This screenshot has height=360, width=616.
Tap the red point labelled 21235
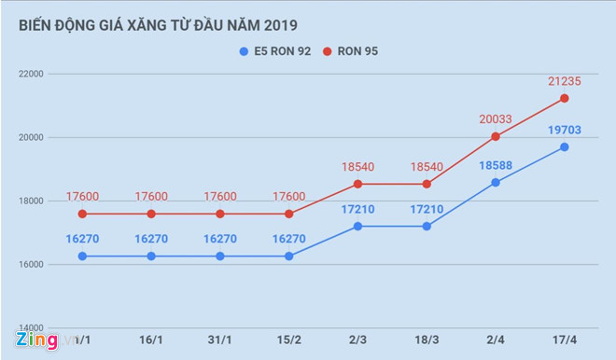[565, 98]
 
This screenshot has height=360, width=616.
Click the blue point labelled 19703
[565, 147]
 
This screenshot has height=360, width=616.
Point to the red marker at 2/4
[496, 136]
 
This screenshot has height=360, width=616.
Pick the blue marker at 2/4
[496, 182]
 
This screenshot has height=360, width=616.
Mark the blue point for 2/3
[357, 226]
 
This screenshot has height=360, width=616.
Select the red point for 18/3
[427, 184]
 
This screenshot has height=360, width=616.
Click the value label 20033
[496, 118]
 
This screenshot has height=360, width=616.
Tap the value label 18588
[496, 164]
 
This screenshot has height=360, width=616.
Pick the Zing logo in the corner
[36, 340]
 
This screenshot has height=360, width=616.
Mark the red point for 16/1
[151, 214]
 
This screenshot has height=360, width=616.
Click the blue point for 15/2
[288, 256]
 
